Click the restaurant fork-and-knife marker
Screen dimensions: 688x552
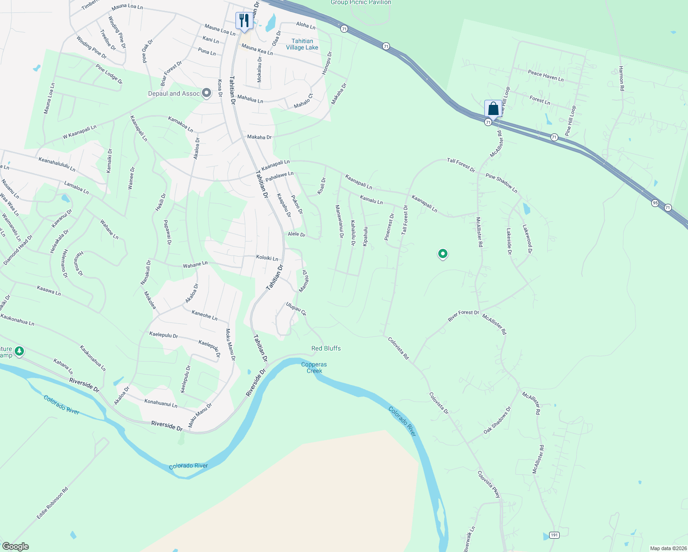click(244, 21)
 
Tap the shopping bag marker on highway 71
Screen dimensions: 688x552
click(493, 109)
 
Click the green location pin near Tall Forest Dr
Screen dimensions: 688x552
click(442, 253)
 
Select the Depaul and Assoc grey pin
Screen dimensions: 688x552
click(206, 93)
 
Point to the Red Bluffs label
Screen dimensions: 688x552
click(326, 348)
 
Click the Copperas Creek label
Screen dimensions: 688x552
click(315, 368)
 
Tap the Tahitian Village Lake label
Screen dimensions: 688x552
click(302, 44)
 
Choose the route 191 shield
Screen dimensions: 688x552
click(554, 535)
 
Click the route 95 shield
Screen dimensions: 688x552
click(655, 203)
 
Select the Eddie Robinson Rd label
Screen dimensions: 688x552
click(52, 503)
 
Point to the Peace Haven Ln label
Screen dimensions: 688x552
click(545, 76)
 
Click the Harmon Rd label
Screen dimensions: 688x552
click(621, 78)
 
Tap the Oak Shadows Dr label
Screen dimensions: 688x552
click(497, 420)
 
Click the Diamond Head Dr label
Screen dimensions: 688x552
click(18, 250)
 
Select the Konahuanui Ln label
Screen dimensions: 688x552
click(161, 403)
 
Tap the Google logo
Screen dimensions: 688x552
click(16, 546)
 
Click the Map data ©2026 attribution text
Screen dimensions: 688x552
click(668, 548)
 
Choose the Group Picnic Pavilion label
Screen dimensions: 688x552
click(361, 3)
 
